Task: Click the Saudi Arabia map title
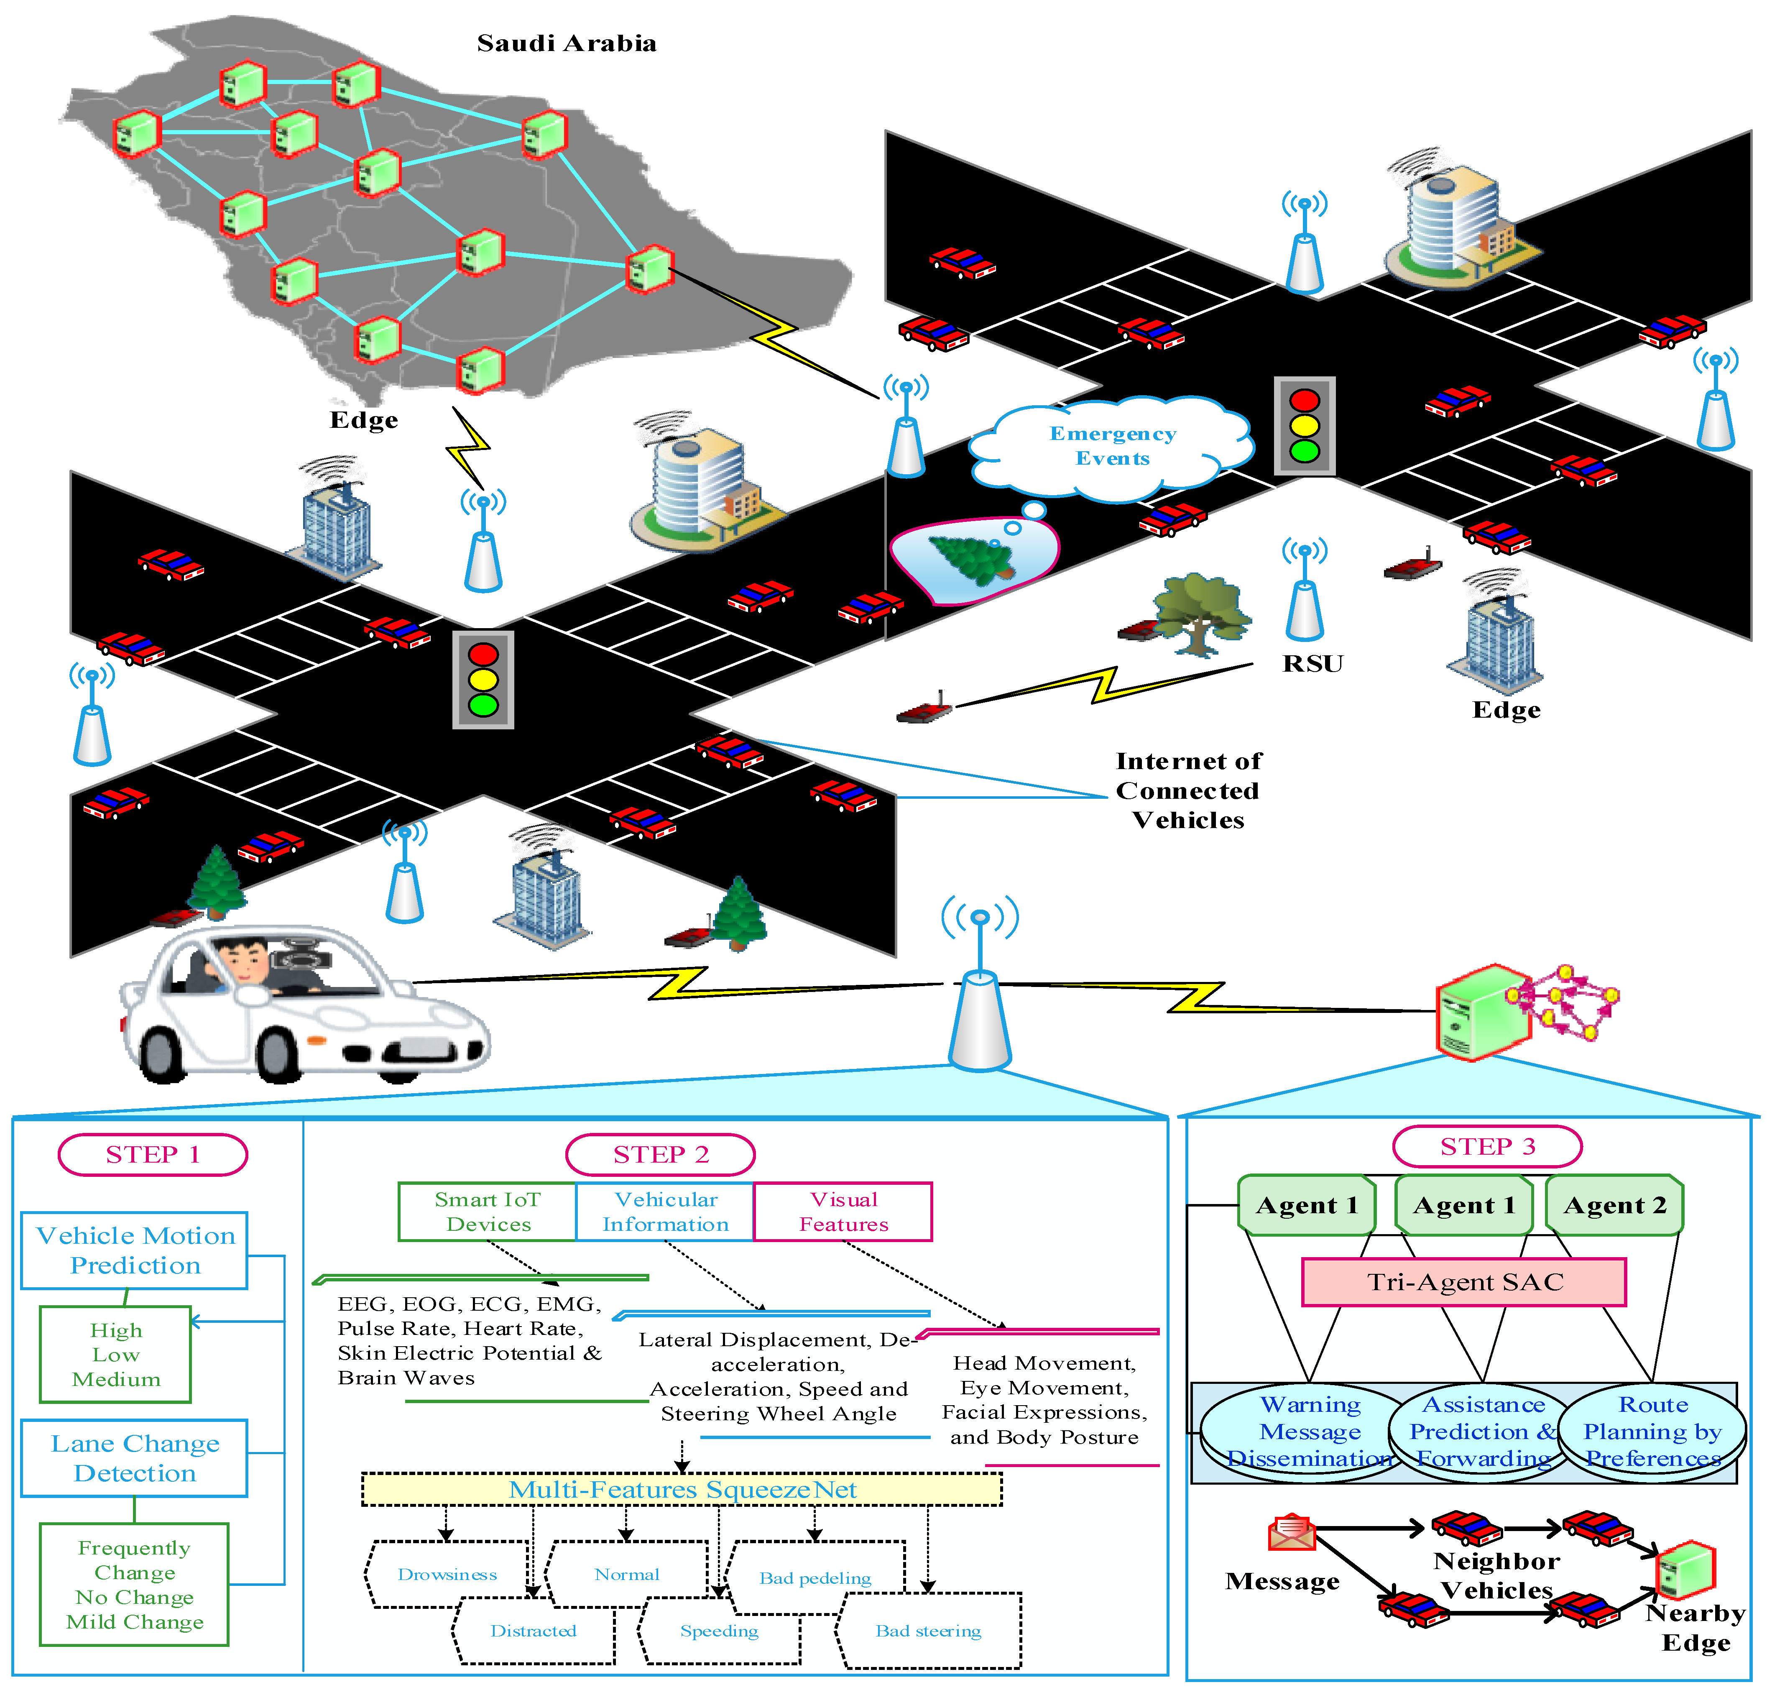click(566, 43)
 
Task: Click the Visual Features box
click(843, 1212)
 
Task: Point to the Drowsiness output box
click(447, 1574)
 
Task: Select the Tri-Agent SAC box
click(1464, 1282)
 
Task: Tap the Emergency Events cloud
click(1113, 446)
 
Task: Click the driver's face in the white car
click(242, 960)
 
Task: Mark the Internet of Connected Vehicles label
click(1188, 791)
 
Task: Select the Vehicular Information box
click(665, 1212)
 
